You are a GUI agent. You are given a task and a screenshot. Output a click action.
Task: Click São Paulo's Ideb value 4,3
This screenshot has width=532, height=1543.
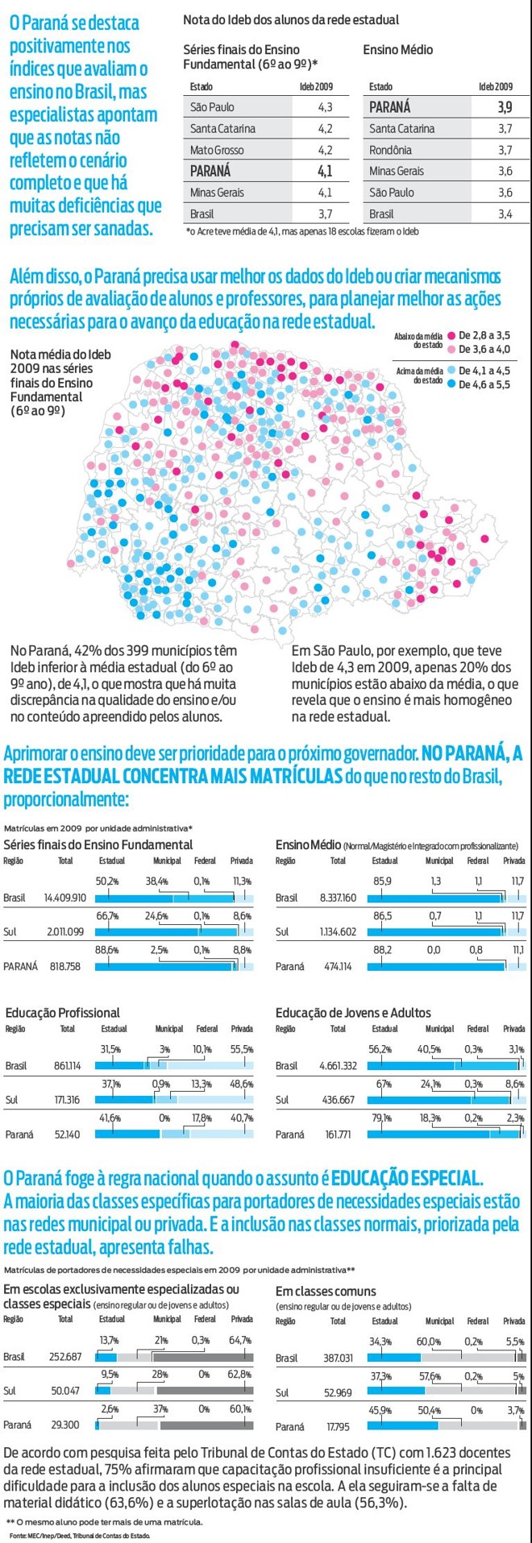click(x=325, y=107)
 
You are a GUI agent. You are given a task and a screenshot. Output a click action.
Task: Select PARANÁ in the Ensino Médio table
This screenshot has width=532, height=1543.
click(x=389, y=107)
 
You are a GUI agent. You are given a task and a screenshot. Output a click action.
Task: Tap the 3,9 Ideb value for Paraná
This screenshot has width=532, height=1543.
click(x=505, y=107)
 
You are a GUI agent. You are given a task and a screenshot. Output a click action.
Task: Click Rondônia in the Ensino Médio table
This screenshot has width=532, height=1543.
click(x=390, y=150)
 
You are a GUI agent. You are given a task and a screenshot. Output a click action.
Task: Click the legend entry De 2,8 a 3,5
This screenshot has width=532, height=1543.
click(x=484, y=335)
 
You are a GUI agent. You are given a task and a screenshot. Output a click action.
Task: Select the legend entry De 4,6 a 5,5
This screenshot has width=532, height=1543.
click(x=484, y=384)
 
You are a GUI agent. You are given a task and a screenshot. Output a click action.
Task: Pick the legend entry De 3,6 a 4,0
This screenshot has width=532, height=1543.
click(x=484, y=349)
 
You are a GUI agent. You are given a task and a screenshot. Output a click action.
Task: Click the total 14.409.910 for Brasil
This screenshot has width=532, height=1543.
click(x=65, y=898)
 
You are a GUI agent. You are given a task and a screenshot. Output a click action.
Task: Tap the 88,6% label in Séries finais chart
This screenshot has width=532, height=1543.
click(x=107, y=950)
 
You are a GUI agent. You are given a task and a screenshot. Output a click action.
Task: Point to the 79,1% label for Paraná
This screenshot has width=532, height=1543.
click(x=380, y=1118)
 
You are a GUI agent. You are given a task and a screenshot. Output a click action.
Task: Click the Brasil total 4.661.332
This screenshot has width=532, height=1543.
click(x=338, y=1065)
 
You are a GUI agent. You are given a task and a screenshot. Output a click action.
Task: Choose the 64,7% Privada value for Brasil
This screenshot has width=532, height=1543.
click(x=241, y=1340)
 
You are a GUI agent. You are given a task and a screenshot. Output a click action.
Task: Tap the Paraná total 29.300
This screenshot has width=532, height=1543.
click(x=65, y=1425)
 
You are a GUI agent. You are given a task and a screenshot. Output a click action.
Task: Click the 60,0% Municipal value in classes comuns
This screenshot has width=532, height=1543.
click(x=429, y=1342)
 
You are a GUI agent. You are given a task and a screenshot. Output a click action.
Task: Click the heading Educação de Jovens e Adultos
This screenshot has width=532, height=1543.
click(x=353, y=1013)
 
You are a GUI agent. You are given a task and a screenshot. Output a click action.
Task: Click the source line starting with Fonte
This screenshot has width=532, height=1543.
click(x=77, y=1536)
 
